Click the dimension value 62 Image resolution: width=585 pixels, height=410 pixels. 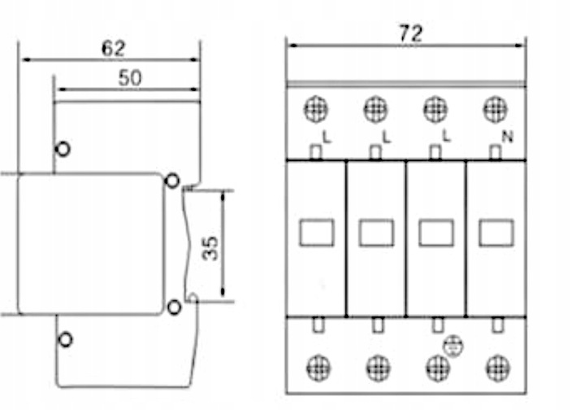coord(114,48)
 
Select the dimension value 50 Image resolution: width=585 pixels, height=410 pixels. coord(129,78)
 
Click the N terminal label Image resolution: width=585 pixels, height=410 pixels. coord(508,137)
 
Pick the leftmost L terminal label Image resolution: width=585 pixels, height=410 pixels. coord(327,137)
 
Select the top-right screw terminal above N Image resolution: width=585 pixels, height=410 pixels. coord(496,108)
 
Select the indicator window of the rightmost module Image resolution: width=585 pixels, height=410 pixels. coord(496,233)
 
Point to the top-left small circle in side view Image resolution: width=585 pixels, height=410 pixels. coord(63,149)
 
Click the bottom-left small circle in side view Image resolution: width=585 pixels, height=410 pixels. coord(65,340)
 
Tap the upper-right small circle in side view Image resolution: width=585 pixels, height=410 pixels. coord(172,180)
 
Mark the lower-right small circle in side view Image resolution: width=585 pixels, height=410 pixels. coord(172,307)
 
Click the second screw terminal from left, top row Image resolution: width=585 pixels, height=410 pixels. coord(375,108)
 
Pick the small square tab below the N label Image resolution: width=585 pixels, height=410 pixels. coord(495,152)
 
